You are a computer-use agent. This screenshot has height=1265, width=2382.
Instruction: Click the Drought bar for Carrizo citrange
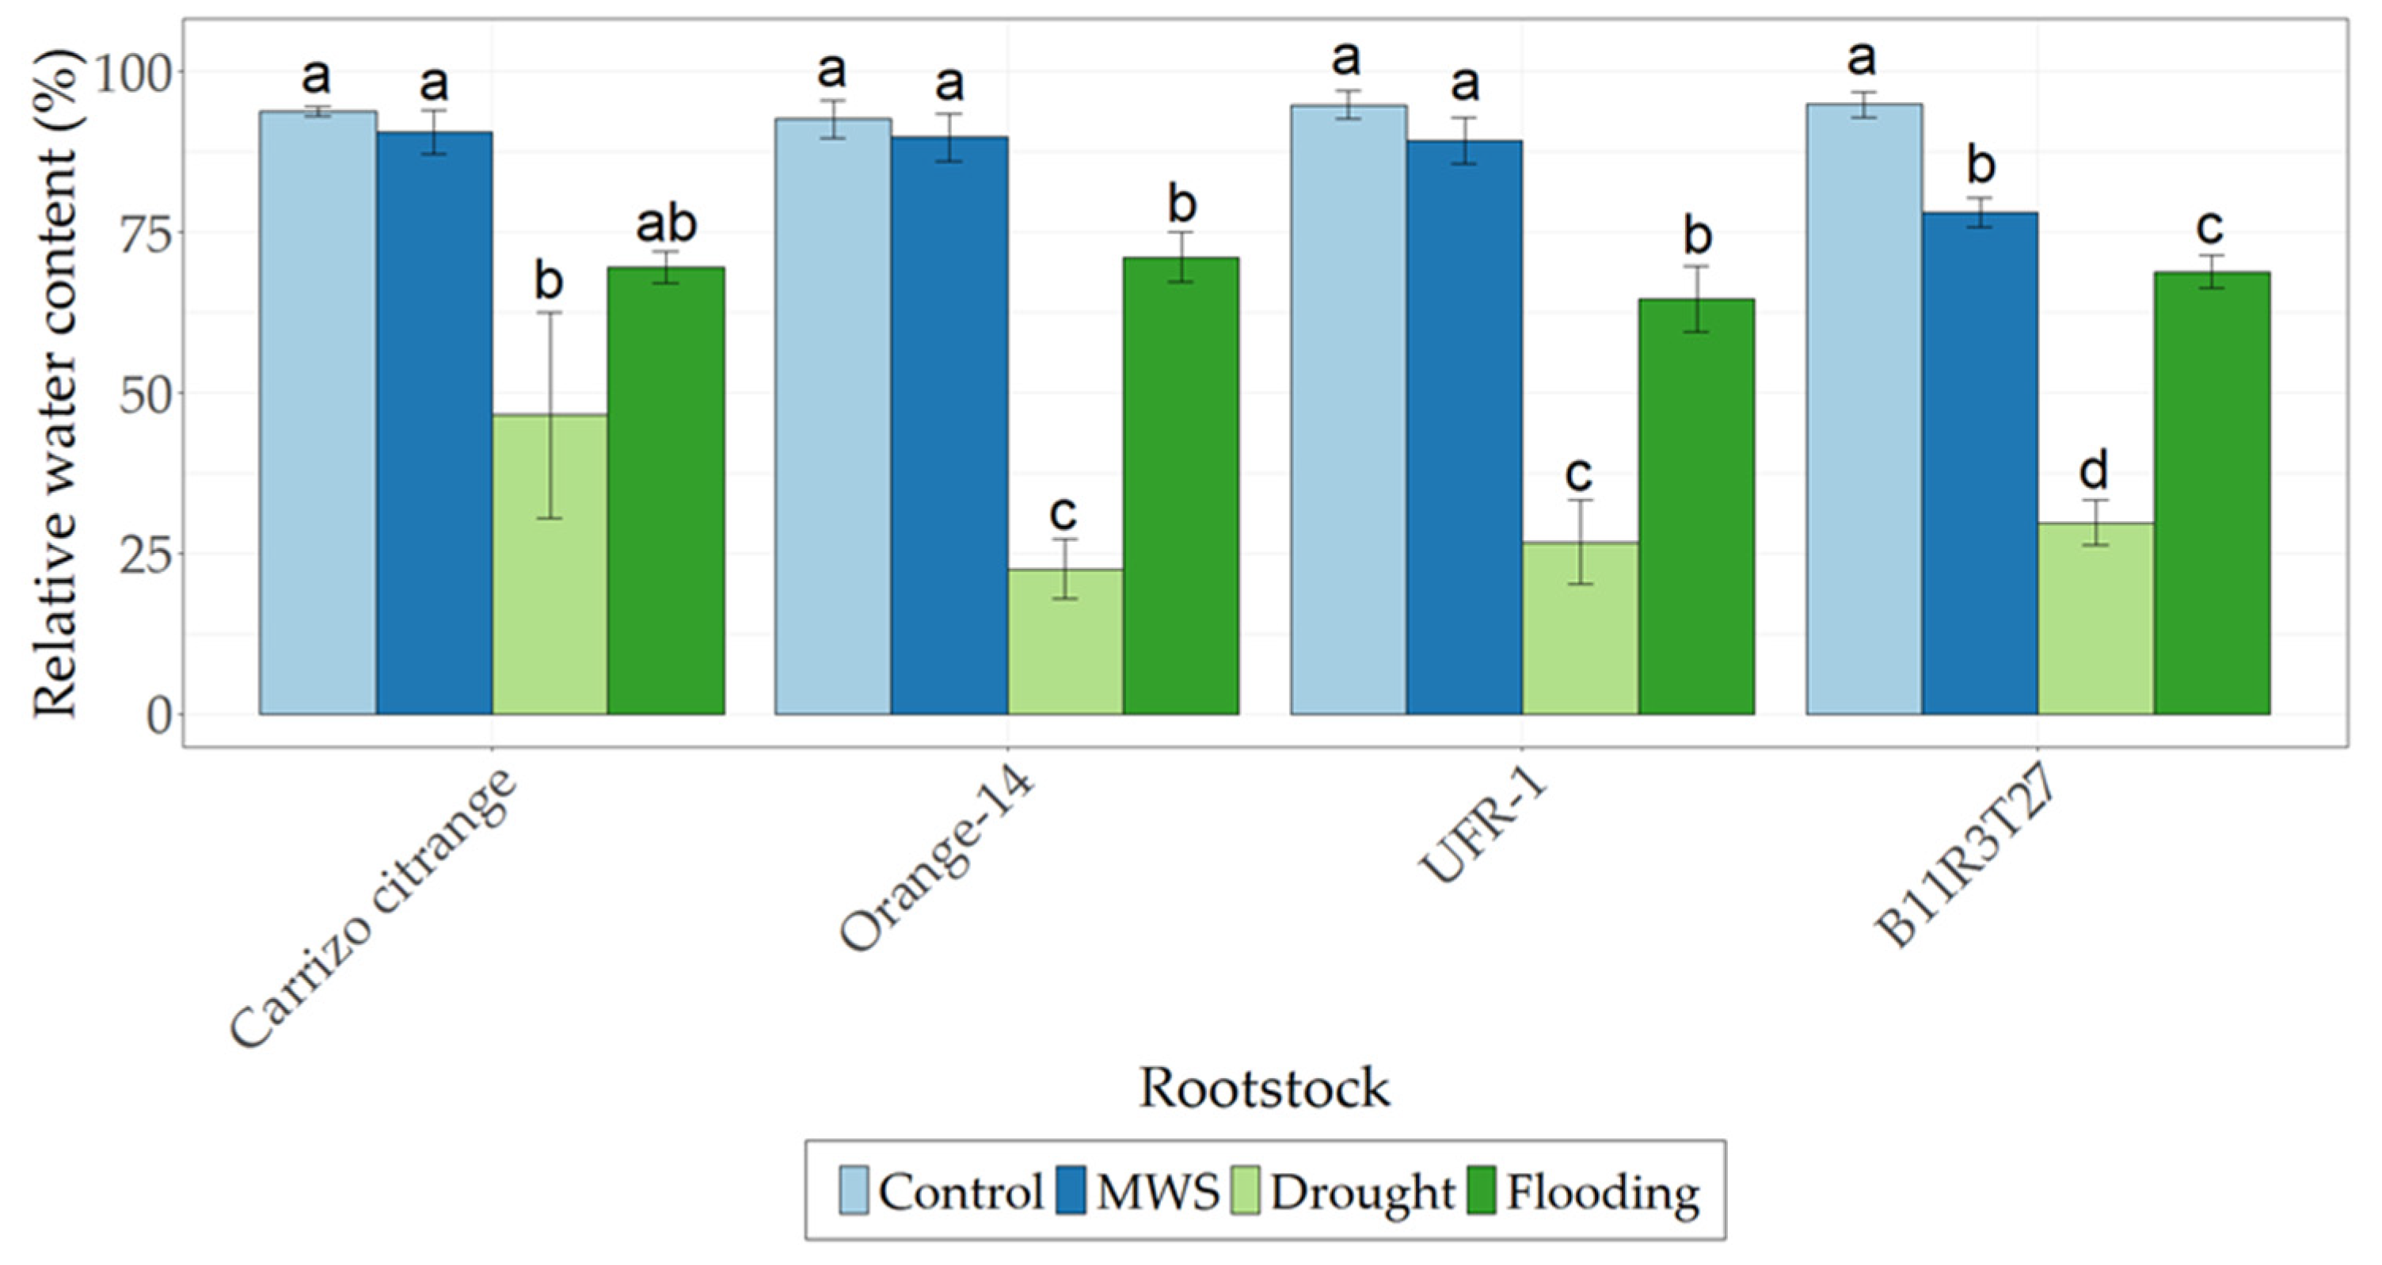coord(550,564)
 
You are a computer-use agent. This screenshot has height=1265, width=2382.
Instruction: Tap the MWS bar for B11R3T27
coord(1979,463)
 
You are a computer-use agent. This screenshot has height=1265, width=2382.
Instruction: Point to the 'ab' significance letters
coord(666,225)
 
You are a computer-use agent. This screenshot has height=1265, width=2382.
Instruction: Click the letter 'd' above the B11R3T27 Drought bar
coord(2095,471)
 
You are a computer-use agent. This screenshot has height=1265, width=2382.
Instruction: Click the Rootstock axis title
coord(1264,1088)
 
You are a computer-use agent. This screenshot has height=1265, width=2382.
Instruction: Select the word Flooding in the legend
coord(1604,1193)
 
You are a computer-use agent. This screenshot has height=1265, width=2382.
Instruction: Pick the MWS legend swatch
coord(1070,1191)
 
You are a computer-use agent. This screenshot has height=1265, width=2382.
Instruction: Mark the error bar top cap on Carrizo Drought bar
coord(550,313)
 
